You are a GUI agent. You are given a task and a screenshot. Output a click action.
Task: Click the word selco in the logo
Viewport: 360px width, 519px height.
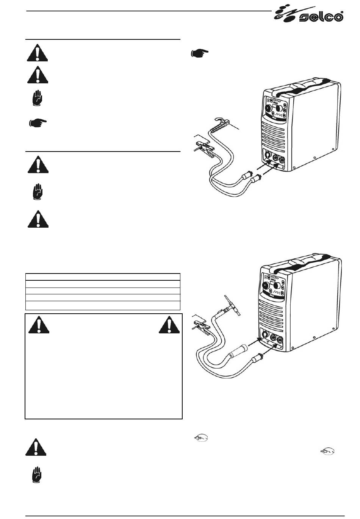pos(321,17)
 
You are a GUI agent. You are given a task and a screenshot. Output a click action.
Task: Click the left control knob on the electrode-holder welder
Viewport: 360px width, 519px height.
pos(269,108)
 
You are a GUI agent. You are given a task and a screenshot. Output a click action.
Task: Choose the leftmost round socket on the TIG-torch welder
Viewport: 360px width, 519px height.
pos(265,334)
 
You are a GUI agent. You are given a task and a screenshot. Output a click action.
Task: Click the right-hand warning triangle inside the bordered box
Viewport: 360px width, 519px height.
pos(169,325)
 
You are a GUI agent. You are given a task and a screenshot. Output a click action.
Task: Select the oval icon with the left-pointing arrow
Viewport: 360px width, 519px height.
pos(201,438)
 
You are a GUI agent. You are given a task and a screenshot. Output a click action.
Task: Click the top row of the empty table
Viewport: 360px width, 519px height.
pos(103,277)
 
